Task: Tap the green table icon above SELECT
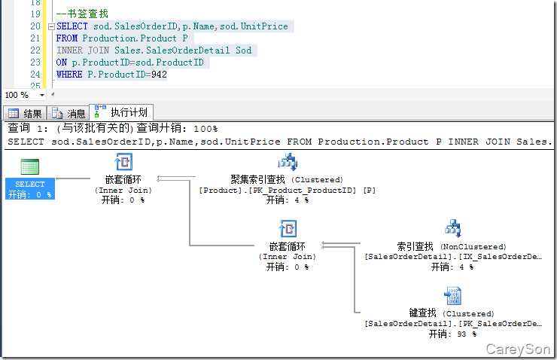[x=30, y=166]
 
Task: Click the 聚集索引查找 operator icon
[x=288, y=162]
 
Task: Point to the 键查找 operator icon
[x=453, y=296]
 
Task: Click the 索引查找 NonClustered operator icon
[x=453, y=228]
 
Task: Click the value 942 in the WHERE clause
[x=159, y=75]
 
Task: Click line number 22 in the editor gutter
[x=35, y=50]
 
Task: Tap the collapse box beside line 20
[x=51, y=26]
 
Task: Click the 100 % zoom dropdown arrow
[x=42, y=95]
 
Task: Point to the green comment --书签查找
[x=82, y=14]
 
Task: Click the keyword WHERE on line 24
[x=69, y=75]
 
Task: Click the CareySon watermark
[x=518, y=349]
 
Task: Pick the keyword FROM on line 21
[x=67, y=38]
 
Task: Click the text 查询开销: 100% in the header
[x=177, y=128]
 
